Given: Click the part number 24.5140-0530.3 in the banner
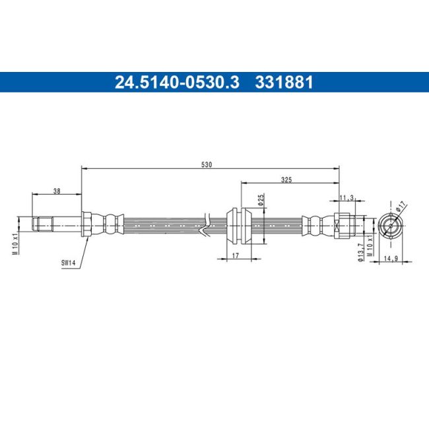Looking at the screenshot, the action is tap(177, 82).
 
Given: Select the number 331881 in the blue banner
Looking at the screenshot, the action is tap(284, 82).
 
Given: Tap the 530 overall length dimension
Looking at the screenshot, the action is tap(207, 165).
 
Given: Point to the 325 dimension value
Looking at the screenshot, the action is tap(286, 180).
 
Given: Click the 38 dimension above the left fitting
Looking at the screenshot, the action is tap(57, 191).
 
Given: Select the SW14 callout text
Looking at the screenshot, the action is tap(68, 263).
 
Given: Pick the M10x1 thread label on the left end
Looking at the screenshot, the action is tap(16, 244).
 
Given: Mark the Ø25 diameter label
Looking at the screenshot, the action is tap(261, 199).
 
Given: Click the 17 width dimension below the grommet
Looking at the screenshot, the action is tap(236, 255).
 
